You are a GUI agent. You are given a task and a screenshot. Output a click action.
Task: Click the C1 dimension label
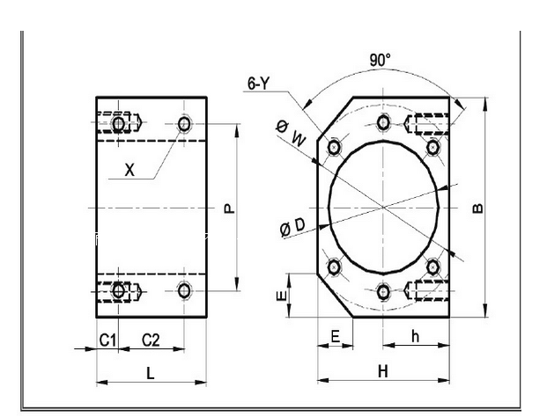(x=107, y=339)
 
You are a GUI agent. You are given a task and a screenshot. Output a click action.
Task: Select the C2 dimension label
(x=151, y=339)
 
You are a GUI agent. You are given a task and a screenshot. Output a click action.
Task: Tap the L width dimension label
(x=151, y=372)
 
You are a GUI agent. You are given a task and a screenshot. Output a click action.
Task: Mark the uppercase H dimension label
(x=382, y=371)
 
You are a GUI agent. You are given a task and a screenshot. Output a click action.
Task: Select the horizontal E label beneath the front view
(x=335, y=336)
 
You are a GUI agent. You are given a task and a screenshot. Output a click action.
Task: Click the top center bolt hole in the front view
(x=382, y=121)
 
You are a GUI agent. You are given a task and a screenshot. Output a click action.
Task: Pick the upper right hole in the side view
(x=183, y=124)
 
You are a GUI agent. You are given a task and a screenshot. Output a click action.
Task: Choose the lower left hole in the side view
(x=119, y=290)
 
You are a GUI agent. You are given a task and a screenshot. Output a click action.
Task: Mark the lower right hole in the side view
(x=183, y=290)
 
